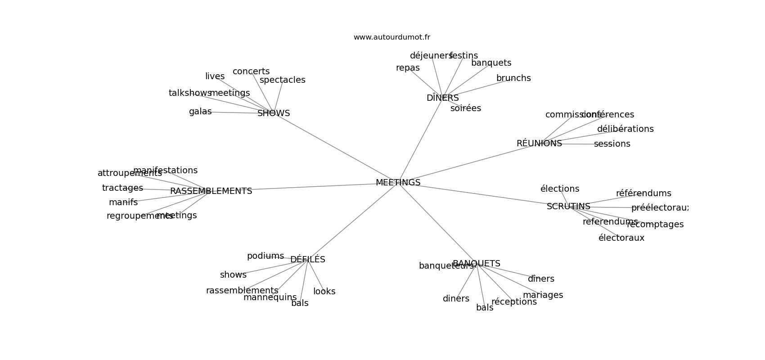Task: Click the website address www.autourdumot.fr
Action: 391,37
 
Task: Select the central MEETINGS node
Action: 398,183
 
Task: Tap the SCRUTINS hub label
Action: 568,207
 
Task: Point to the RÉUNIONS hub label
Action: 539,144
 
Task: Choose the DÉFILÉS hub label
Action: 307,260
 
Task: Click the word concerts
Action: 251,72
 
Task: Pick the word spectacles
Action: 283,80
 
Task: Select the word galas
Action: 200,112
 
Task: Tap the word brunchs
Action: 513,78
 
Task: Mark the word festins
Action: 463,56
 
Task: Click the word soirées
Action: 466,108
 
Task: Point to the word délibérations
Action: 625,129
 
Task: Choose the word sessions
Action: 612,144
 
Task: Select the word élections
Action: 560,189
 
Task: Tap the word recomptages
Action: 655,225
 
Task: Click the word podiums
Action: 265,256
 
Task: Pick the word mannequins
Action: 270,297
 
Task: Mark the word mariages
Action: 543,295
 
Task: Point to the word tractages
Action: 122,188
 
